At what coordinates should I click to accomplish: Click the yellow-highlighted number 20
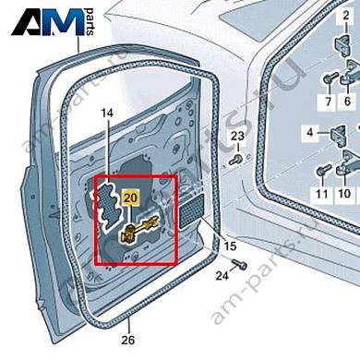click(x=129, y=198)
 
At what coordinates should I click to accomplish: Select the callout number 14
click(x=106, y=113)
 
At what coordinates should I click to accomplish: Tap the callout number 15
click(x=231, y=246)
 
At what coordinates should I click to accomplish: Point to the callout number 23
click(x=237, y=138)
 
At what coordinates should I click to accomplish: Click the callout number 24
click(x=222, y=276)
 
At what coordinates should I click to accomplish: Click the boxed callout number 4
click(x=310, y=133)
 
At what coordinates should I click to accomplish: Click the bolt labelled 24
click(x=240, y=266)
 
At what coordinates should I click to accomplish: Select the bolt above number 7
click(x=328, y=78)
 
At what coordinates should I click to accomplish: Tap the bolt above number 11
click(x=321, y=172)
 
